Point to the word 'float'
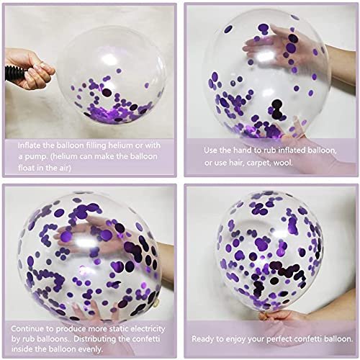27,168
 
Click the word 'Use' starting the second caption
210,150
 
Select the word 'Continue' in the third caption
27,328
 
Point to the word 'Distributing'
96,339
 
